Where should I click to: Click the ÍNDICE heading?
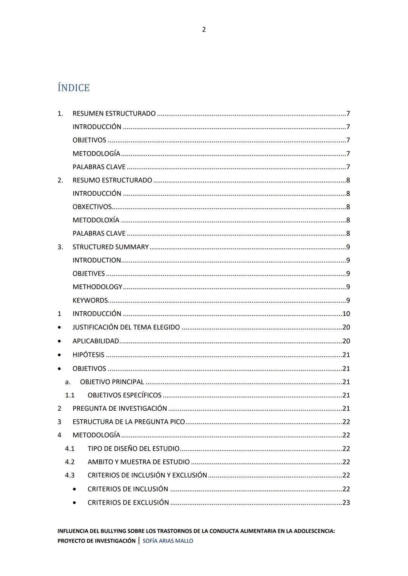[x=74, y=88]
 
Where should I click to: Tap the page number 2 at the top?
[x=204, y=29]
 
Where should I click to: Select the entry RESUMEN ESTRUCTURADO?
[x=114, y=114]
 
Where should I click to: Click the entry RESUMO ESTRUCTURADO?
[x=112, y=180]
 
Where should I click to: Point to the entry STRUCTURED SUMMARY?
[x=110, y=247]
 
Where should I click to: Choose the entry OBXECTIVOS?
[x=92, y=207]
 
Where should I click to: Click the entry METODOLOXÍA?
[x=96, y=220]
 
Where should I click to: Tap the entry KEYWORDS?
[x=90, y=300]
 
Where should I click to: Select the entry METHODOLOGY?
[x=97, y=287]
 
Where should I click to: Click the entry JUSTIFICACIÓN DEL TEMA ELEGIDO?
[x=126, y=327]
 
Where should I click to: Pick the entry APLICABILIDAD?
[x=96, y=341]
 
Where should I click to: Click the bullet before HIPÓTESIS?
[x=59, y=355]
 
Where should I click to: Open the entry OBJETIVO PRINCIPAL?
[x=112, y=382]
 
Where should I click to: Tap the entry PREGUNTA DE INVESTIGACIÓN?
[x=119, y=408]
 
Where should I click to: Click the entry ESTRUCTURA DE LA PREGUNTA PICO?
[x=128, y=422]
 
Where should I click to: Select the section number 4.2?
[x=70, y=462]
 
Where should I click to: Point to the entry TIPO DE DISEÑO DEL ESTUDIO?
[x=133, y=449]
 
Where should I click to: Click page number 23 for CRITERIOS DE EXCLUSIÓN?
[x=346, y=502]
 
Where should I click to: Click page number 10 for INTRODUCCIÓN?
[x=346, y=314]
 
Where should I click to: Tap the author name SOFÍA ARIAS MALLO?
[x=168, y=541]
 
